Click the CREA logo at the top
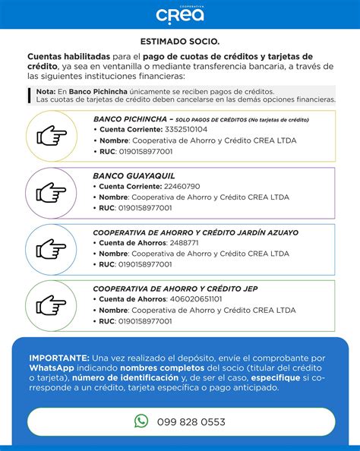pyautogui.click(x=180, y=14)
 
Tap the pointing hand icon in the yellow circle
pyautogui.click(x=52, y=137)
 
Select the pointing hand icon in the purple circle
pyautogui.click(x=52, y=192)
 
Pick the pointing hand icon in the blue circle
pyautogui.click(x=52, y=248)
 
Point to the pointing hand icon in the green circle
pyautogui.click(x=52, y=304)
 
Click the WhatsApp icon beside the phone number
pyautogui.click(x=141, y=421)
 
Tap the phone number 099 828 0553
pyautogui.click(x=191, y=421)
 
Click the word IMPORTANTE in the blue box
pyautogui.click(x=58, y=357)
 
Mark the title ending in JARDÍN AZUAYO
pyautogui.click(x=195, y=232)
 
